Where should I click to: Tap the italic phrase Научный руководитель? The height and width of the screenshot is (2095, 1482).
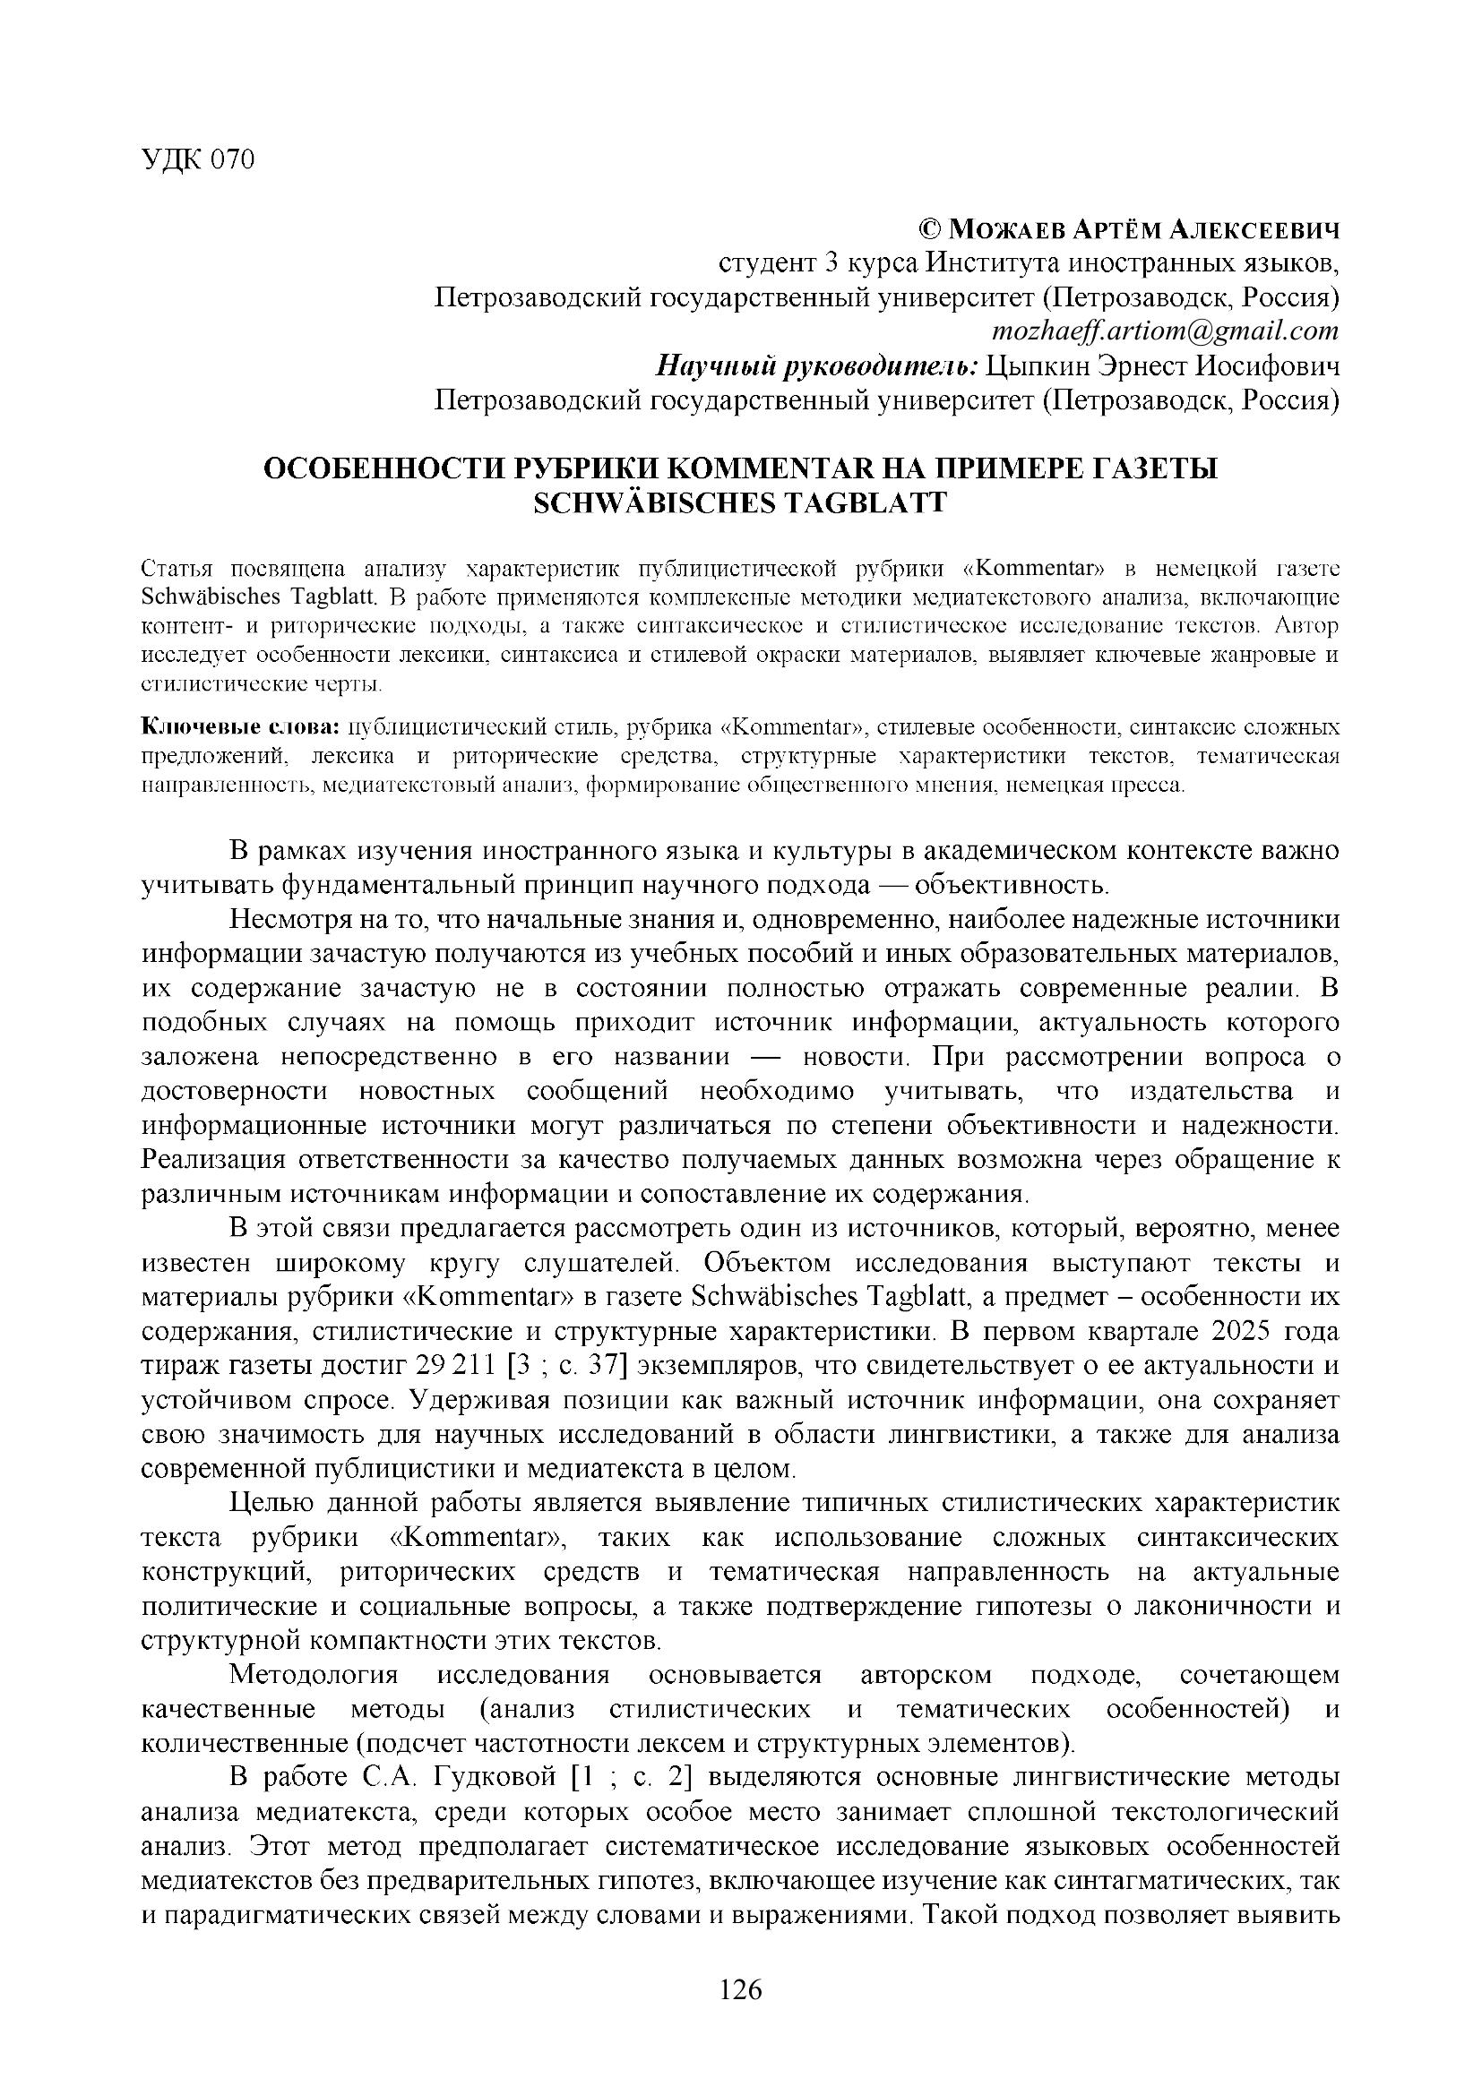click(x=818, y=366)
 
